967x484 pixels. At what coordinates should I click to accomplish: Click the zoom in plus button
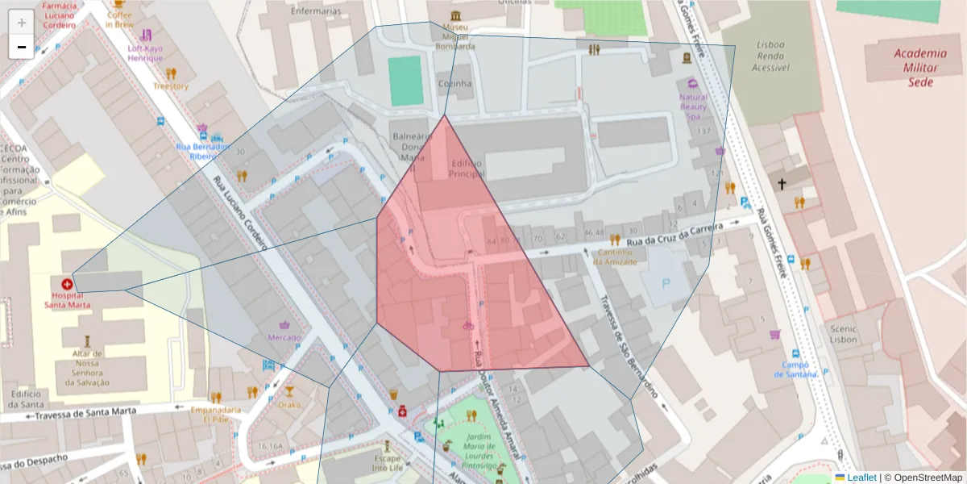[x=22, y=23]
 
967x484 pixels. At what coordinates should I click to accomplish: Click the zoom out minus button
[x=22, y=47]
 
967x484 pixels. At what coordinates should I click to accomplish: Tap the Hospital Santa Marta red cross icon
[x=67, y=284]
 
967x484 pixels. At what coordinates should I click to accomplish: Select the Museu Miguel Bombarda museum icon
[x=456, y=17]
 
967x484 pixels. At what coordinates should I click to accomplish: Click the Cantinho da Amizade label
[x=616, y=257]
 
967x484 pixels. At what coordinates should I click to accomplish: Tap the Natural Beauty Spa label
[x=693, y=106]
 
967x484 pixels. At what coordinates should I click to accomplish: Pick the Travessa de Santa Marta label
[x=81, y=413]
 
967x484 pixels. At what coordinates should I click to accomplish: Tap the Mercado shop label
[x=284, y=337]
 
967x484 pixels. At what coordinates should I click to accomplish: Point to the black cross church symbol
[x=781, y=185]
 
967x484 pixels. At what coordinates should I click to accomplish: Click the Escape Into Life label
[x=388, y=462]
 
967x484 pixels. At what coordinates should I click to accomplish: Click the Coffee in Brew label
[x=119, y=19]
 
